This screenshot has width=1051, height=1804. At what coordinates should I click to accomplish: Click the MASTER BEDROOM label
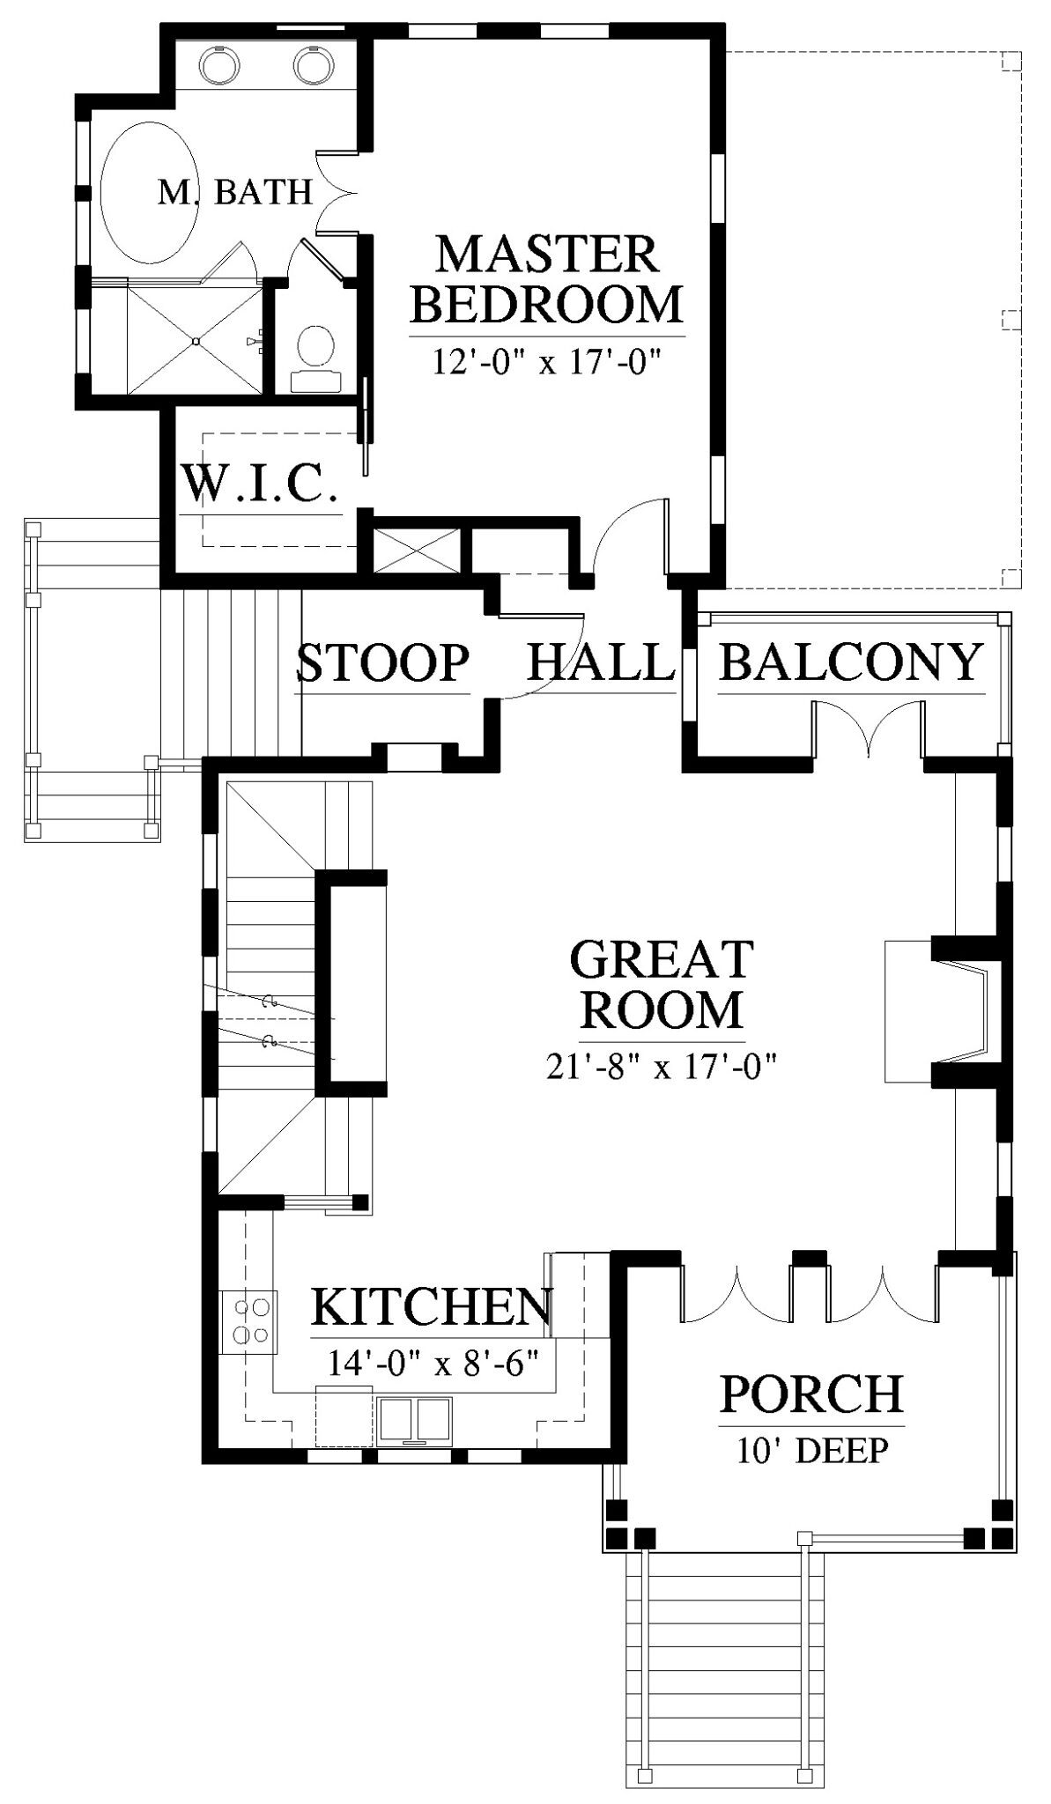point(547,279)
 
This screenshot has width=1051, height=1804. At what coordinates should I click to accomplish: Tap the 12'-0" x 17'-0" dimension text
point(547,361)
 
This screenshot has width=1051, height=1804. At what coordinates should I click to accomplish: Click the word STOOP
point(382,662)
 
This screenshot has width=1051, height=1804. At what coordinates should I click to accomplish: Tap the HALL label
point(601,662)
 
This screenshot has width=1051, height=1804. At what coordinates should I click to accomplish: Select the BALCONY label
point(851,662)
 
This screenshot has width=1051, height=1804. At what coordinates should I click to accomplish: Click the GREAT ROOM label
point(662,984)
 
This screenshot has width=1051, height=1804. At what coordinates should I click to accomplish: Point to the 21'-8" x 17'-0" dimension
point(662,1067)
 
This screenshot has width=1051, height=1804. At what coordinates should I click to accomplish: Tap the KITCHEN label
point(433,1308)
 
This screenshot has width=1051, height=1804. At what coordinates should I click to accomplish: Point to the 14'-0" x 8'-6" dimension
point(433,1364)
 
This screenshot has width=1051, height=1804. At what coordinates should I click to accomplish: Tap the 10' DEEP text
point(811,1450)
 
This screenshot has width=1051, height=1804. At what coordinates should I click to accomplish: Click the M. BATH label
point(235,192)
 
